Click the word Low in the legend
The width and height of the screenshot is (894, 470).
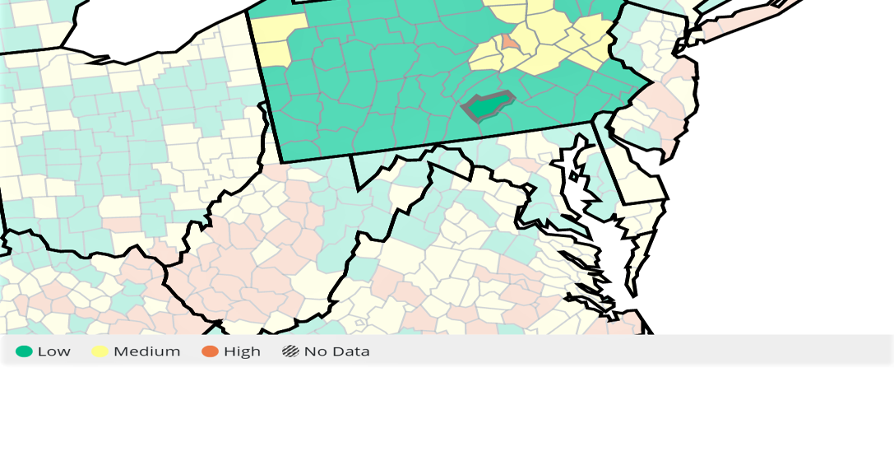point(53,351)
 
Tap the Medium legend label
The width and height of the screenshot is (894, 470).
point(146,351)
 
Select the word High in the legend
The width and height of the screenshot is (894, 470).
point(242,351)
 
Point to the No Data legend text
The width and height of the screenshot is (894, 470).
point(336,351)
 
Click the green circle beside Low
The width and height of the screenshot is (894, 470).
point(24,351)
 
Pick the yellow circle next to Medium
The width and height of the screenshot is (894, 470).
point(100,351)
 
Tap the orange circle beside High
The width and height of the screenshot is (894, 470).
point(211,351)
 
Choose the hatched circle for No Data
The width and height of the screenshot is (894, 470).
point(290,351)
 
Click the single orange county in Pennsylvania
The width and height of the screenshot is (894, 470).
point(509,41)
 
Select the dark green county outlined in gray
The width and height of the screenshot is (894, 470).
point(488,105)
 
